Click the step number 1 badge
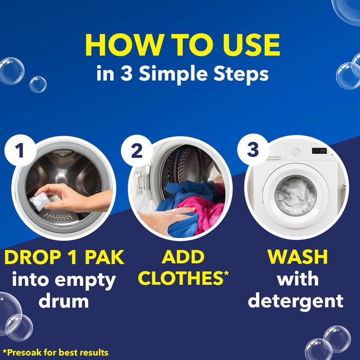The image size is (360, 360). point(20,150)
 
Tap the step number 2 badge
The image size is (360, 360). point(137,151)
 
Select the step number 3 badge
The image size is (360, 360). point(253,149)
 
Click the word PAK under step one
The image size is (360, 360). point(104,257)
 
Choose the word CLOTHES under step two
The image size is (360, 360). point(181,278)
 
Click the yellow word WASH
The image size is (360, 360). point(297,257)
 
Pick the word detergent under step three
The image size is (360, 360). point(296,301)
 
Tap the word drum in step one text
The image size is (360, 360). point(63,301)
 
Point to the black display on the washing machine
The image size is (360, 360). point(319,151)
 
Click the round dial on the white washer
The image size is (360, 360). point(296,152)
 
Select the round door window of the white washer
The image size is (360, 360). point(296,196)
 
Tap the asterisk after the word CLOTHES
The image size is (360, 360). point(226,273)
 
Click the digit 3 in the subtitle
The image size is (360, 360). point(126,73)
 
